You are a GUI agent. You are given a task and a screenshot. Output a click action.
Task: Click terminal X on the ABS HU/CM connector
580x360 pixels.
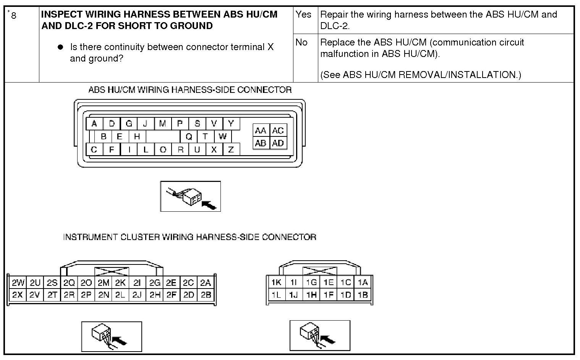point(214,149)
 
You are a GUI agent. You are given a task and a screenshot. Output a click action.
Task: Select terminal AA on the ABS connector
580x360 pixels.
point(261,131)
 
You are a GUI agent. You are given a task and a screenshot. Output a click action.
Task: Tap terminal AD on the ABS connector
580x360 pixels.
point(278,143)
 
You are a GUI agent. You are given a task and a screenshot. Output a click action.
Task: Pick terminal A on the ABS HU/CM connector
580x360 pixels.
point(94,123)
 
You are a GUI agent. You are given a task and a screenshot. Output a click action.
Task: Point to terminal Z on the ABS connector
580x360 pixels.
point(231,149)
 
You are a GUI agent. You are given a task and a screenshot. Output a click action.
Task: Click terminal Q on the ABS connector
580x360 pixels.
point(189,136)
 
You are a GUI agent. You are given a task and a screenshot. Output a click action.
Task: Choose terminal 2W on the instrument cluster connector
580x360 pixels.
point(18,283)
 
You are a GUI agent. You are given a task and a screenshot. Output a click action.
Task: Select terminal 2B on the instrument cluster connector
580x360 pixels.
point(206,295)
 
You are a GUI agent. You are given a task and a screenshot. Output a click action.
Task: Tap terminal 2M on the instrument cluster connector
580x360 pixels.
point(103,283)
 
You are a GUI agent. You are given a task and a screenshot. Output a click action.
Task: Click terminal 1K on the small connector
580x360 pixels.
point(276,282)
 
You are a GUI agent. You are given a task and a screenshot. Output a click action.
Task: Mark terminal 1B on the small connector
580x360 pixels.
point(363,295)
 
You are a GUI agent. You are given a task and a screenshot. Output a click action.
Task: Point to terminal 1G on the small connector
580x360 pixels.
point(311,282)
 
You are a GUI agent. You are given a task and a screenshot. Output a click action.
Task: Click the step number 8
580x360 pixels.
point(13,16)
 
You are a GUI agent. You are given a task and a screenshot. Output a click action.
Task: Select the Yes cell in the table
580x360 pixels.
point(303,15)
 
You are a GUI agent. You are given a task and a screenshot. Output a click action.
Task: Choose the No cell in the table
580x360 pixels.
point(301,42)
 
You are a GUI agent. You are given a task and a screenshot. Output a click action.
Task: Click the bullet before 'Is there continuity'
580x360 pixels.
point(60,47)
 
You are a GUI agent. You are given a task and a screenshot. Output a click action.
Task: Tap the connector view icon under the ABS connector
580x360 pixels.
point(190,196)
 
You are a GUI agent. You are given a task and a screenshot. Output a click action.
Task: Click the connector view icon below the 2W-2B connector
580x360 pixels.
point(112,336)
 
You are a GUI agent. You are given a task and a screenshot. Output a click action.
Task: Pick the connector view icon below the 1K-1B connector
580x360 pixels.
point(320,335)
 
